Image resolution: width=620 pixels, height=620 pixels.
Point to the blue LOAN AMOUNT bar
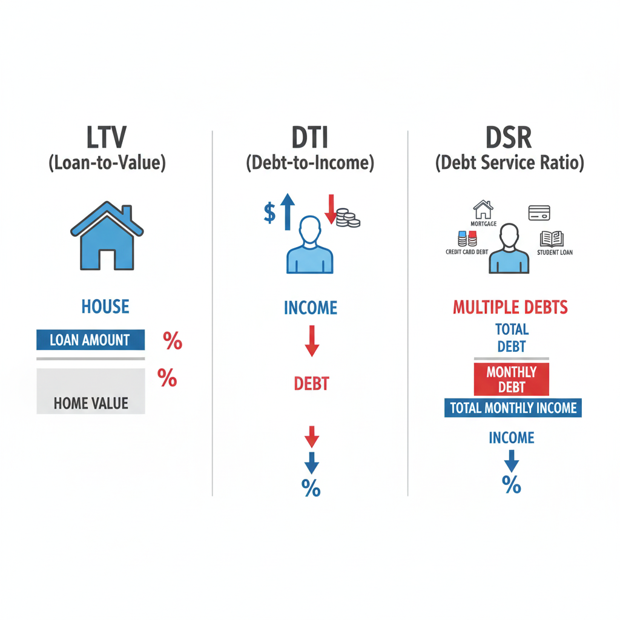coord(90,340)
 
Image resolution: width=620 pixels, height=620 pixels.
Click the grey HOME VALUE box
coord(91,391)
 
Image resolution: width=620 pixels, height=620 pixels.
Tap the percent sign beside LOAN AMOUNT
coord(172,341)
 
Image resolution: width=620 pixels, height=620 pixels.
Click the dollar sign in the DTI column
coord(270,213)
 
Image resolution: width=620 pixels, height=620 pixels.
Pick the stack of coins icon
coord(347,218)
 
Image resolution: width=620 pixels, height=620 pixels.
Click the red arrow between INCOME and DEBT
coord(312,340)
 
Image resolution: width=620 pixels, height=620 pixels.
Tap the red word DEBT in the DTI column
coord(311,383)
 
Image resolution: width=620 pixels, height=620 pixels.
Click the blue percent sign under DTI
coord(311,488)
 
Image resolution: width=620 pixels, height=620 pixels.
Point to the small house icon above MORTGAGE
coord(483,210)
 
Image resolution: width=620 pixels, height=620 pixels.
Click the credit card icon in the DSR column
coord(539,213)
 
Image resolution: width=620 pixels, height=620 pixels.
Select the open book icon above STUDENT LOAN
coord(552,239)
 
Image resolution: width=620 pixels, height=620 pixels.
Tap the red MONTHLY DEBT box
coord(511,380)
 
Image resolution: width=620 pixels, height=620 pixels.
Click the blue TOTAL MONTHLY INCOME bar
coord(512,407)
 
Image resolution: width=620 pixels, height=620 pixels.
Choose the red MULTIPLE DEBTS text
coord(510,307)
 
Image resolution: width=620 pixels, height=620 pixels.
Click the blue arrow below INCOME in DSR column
coord(512,461)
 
